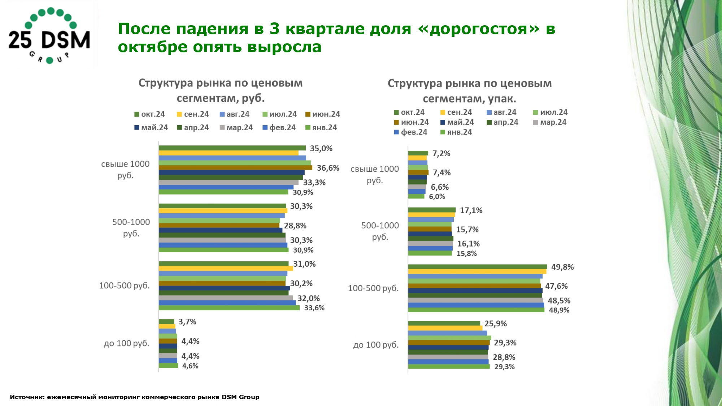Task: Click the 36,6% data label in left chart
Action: pos(328,168)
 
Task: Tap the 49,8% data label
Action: pos(562,267)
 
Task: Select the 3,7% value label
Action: pos(187,322)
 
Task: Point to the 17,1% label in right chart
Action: pos(471,210)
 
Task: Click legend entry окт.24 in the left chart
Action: pos(149,114)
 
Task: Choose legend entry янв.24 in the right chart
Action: pos(456,132)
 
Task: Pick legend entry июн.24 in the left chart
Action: pos(323,114)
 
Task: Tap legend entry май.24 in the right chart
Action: pos(457,122)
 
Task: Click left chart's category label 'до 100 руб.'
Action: pos(126,343)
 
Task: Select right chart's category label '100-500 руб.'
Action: pos(373,288)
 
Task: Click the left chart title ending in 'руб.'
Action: pos(221,90)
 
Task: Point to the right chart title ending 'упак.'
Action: pos(469,91)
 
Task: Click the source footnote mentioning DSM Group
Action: pos(134,397)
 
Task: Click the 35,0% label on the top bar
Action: pos(321,149)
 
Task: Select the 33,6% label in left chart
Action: pos(314,308)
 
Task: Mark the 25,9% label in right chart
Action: pos(495,324)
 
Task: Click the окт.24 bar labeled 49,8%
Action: pos(477,267)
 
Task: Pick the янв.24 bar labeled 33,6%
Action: pos(229,308)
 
